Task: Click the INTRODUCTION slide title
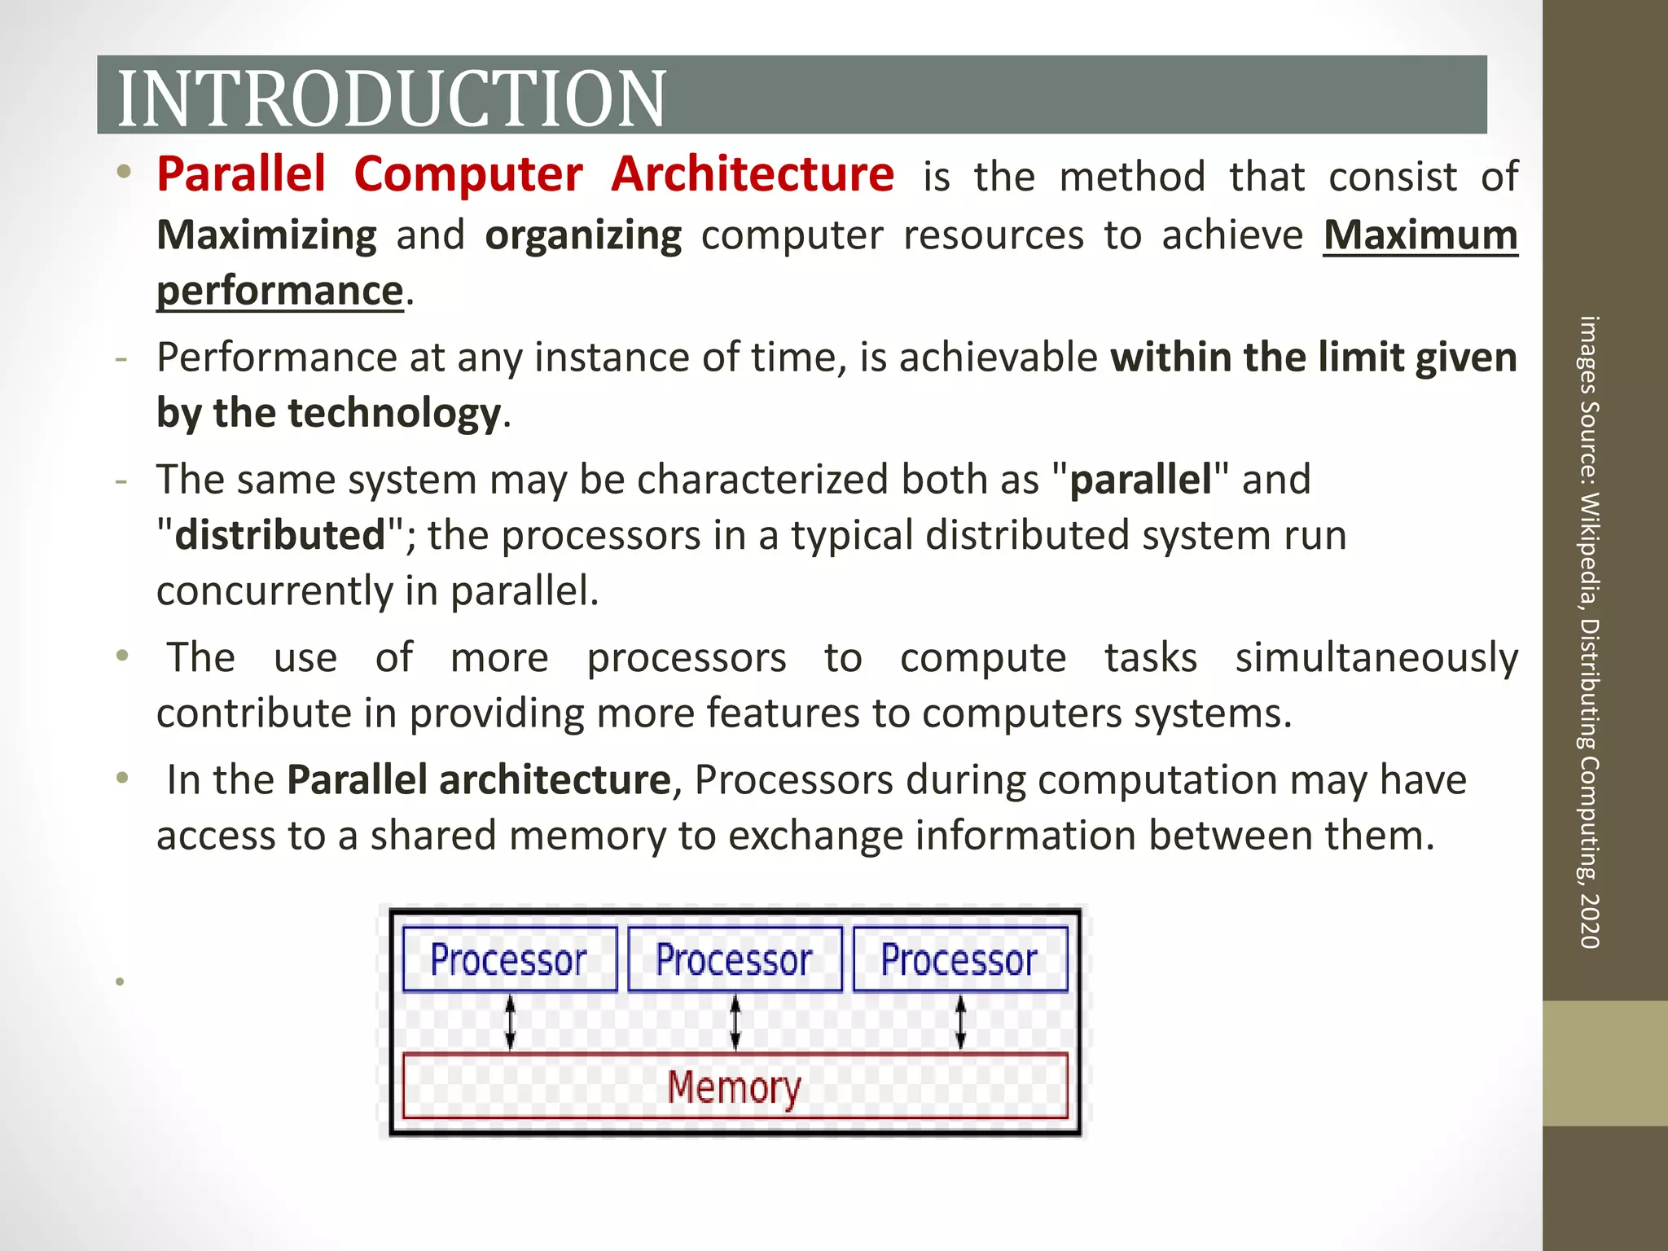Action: click(x=392, y=99)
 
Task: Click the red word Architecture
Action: click(x=753, y=174)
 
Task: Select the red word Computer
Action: click(x=468, y=174)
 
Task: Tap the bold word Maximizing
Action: click(x=266, y=235)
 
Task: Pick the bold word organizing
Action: click(x=583, y=235)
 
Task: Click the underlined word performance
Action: click(x=280, y=291)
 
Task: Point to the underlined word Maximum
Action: click(x=1420, y=235)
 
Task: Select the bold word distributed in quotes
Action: click(x=279, y=535)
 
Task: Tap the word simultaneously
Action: click(x=1376, y=658)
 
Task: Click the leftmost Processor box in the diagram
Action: click(x=510, y=959)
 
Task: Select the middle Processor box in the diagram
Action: click(x=735, y=959)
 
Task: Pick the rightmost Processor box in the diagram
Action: click(x=959, y=959)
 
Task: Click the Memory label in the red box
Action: click(x=735, y=1086)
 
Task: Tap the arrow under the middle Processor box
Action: click(x=735, y=1022)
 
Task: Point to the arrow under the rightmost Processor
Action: click(x=960, y=1022)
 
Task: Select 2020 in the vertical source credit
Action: click(x=1589, y=921)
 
